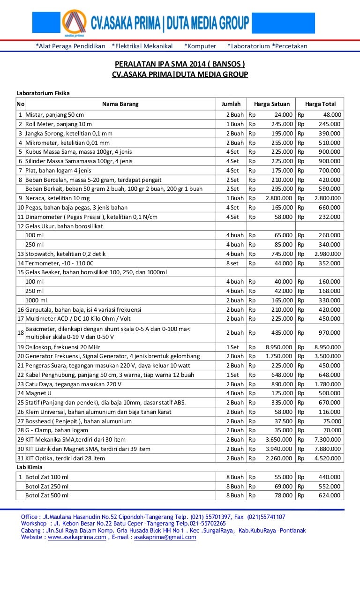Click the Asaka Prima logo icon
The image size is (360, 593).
(75, 23)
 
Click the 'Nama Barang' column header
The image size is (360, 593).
(120, 104)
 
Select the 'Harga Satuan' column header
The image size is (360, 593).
(272, 104)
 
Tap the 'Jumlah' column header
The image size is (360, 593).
(231, 104)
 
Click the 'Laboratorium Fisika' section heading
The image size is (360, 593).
(43, 93)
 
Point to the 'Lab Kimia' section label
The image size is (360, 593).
(30, 467)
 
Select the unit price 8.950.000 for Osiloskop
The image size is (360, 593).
(279, 347)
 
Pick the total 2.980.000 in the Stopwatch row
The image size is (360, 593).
(328, 254)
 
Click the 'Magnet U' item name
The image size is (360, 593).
(38, 393)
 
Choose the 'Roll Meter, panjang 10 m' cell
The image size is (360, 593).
(59, 124)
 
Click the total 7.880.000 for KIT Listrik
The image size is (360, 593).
(328, 449)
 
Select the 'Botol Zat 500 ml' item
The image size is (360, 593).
(47, 495)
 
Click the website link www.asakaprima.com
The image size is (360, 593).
(77, 537)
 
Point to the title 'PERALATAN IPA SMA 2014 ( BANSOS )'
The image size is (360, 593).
(180, 64)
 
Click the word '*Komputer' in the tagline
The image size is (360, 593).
(200, 46)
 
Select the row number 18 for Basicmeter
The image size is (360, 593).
(21, 333)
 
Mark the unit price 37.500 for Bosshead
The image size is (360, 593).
(284, 421)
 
